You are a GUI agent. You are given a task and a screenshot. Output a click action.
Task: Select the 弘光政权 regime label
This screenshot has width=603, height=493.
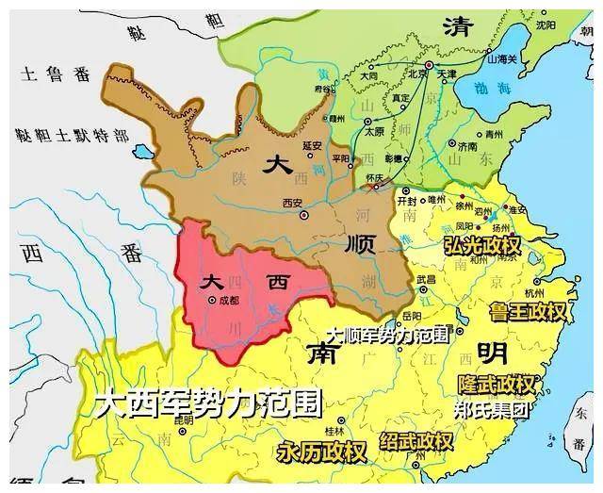(x=481, y=246)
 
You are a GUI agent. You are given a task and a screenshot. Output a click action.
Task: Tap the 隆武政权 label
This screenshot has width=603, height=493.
(x=497, y=386)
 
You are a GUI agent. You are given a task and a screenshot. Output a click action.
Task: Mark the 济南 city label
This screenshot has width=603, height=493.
(x=467, y=146)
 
